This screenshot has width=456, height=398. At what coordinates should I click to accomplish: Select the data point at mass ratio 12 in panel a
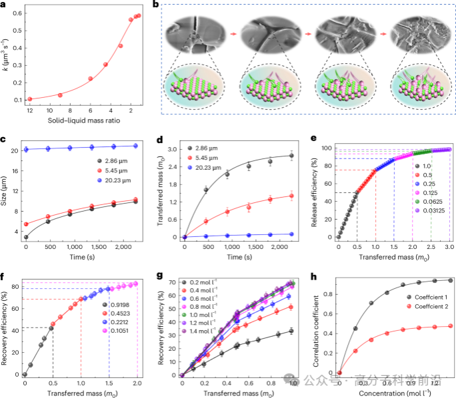click(x=30, y=99)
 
